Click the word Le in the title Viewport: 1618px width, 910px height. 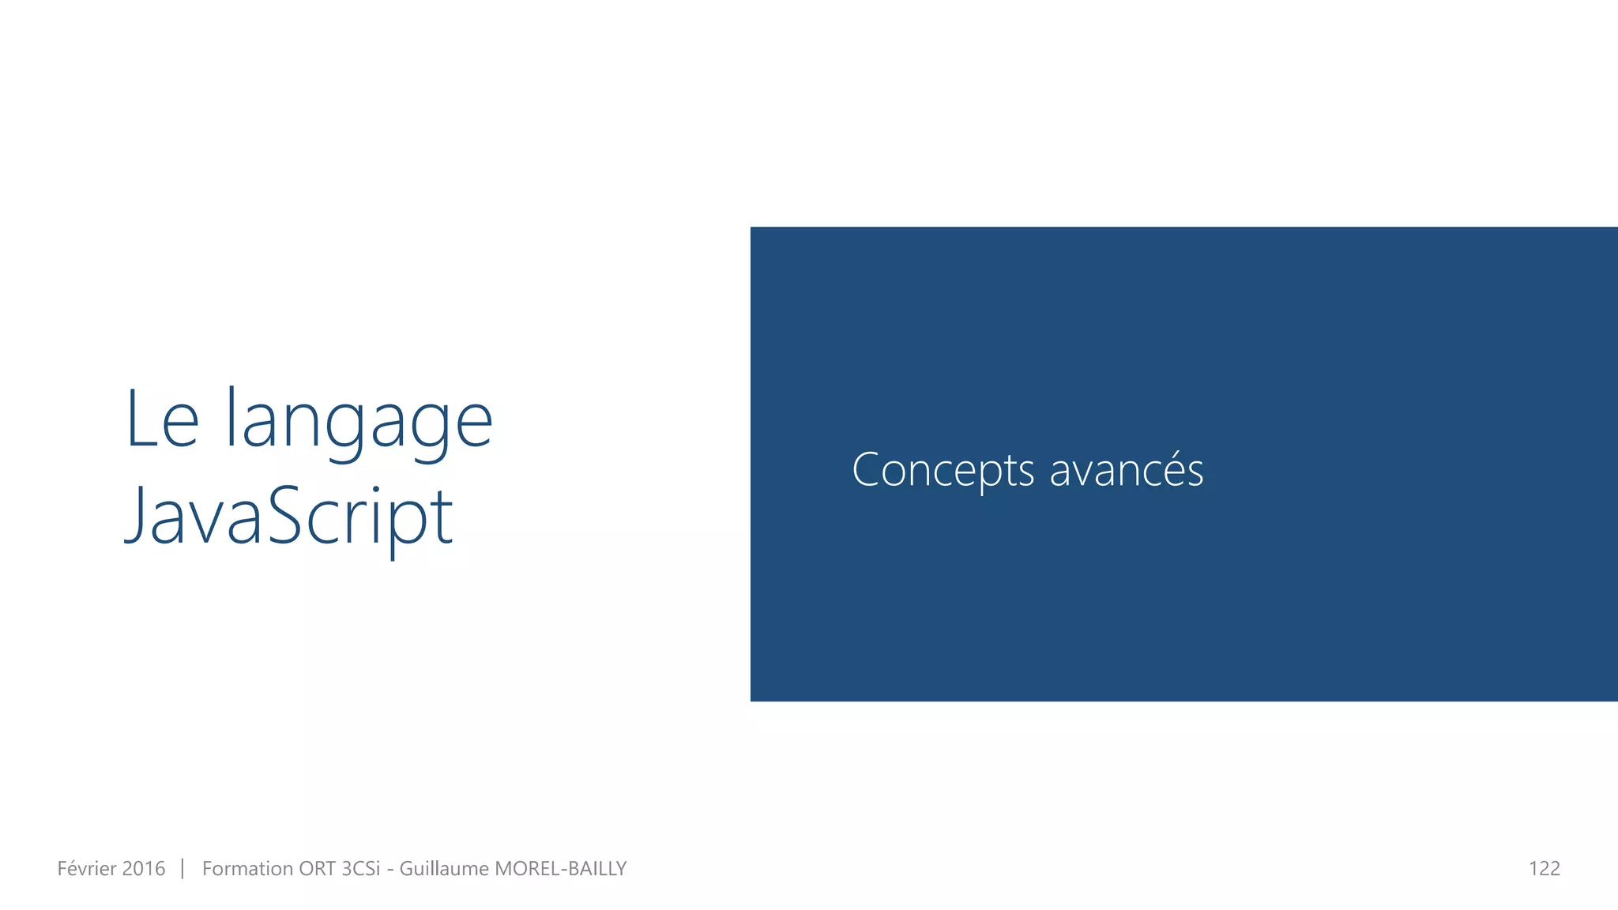click(162, 420)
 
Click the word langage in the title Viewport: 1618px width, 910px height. click(359, 423)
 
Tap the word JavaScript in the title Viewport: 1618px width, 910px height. click(289, 517)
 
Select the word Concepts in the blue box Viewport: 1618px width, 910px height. click(943, 471)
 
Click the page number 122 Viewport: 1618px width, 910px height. click(1544, 869)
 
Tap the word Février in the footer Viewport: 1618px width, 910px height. click(87, 869)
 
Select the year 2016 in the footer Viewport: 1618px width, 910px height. click(144, 869)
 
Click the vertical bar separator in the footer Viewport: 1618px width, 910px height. click(182, 869)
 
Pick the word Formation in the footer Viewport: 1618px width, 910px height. click(247, 869)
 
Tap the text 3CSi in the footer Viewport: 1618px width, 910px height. click(360, 869)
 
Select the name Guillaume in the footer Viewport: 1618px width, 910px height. click(444, 869)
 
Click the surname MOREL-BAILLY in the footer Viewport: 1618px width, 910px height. click(560, 869)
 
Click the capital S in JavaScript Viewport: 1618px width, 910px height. click(285, 515)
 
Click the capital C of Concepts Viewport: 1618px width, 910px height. click(868, 470)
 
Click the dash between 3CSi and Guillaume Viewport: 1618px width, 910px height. click(390, 871)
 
